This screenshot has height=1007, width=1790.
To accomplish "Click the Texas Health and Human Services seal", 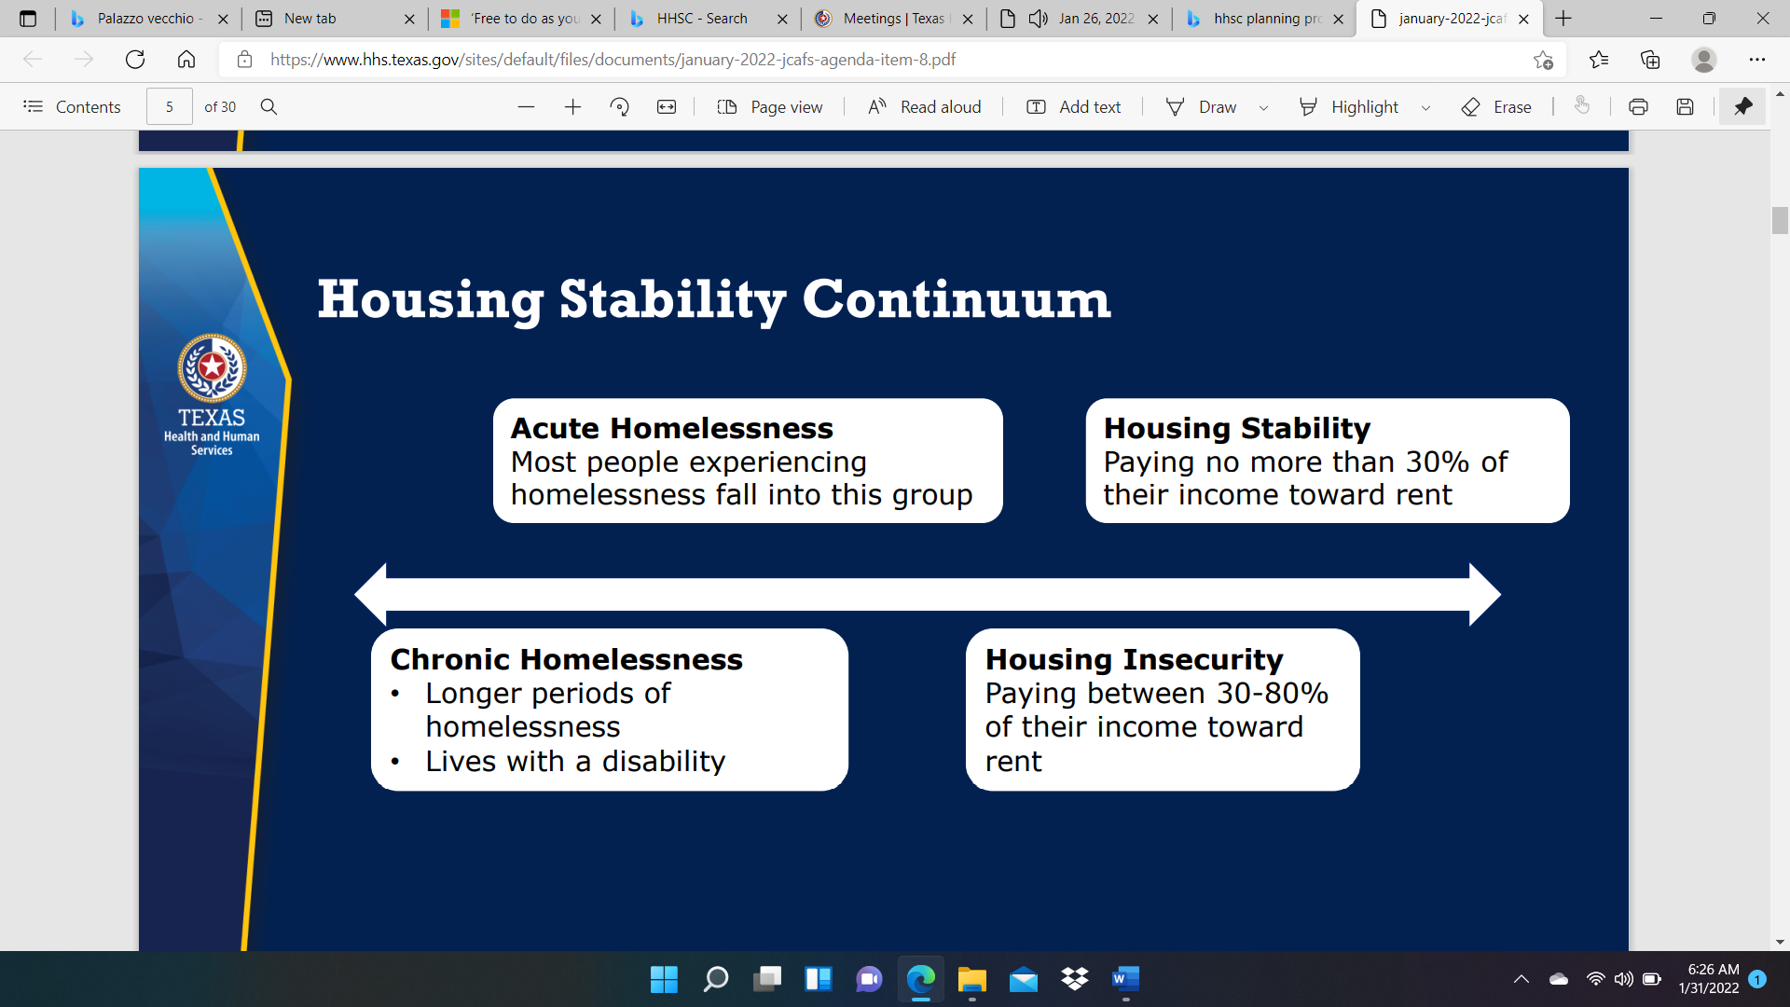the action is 212,368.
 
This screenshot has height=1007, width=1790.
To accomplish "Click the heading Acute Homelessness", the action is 671,428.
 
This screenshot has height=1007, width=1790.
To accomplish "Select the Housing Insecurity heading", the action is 1134,659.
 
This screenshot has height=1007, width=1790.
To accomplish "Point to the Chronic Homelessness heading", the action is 566,659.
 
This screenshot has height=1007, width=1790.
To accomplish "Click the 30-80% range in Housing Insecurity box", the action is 1272,693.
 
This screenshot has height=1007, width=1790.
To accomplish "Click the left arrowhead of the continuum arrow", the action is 370,594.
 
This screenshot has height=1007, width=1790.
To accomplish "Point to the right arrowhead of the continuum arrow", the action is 1485,594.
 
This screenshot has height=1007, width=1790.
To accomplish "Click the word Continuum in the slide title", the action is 957,299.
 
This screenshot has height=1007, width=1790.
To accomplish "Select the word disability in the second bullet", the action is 663,762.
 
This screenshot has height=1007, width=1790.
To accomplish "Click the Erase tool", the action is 1495,107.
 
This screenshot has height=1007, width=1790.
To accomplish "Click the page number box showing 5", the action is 170,107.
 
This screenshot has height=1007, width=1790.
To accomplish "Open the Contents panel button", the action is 72,107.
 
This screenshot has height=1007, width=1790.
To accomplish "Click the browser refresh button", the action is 135,60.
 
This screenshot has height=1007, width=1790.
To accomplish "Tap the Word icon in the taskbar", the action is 1125,979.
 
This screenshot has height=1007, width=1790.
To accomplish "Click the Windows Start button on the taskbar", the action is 664,979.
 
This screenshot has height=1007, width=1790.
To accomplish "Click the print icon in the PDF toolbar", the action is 1638,107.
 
